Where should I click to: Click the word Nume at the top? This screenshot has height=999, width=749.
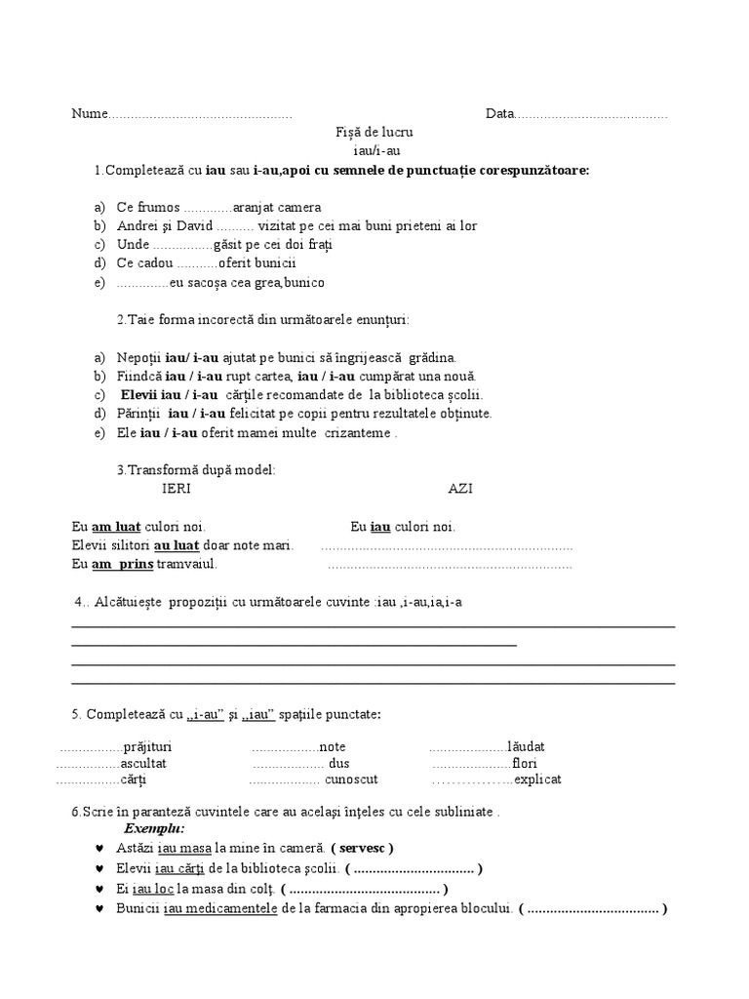click(87, 114)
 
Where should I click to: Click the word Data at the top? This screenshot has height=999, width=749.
click(499, 114)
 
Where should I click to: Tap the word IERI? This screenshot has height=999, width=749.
click(177, 488)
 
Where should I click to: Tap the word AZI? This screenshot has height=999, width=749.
click(460, 488)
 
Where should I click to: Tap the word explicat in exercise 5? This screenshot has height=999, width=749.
click(537, 779)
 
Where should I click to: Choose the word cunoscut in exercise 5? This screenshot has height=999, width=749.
click(351, 779)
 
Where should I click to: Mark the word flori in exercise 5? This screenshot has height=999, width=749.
click(524, 763)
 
